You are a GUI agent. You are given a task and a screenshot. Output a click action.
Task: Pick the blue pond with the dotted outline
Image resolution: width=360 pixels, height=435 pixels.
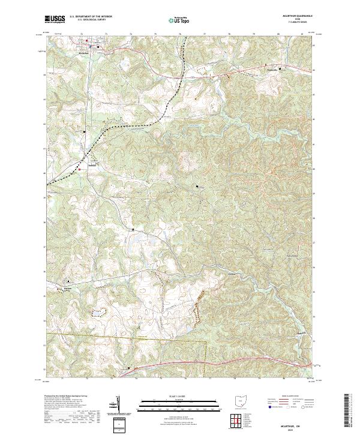97,313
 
